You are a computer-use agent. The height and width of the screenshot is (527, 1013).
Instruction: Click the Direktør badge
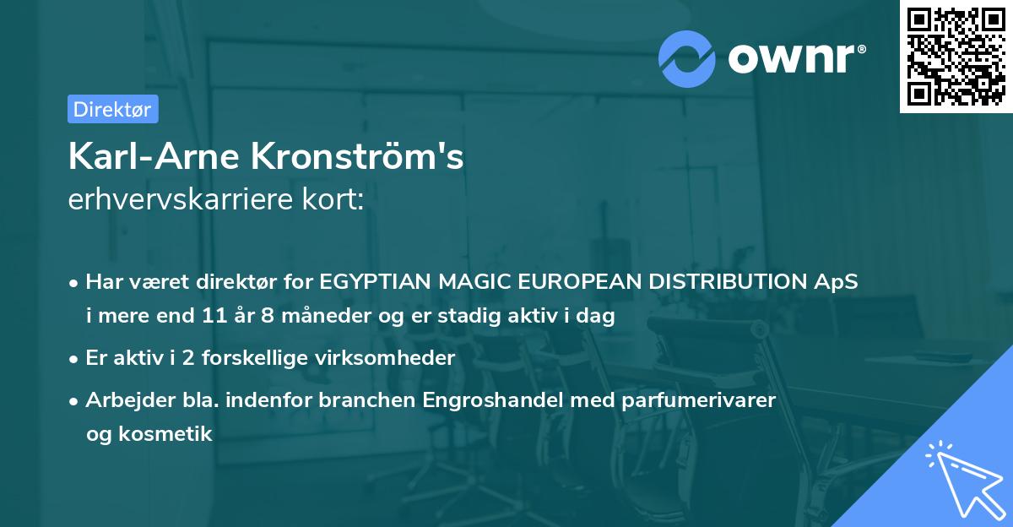pyautogui.click(x=112, y=109)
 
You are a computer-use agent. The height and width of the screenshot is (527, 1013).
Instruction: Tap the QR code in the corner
pyautogui.click(x=955, y=57)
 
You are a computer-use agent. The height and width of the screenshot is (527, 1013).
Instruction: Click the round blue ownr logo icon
pyautogui.click(x=687, y=58)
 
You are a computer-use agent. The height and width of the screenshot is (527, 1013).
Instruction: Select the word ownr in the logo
pyautogui.click(x=798, y=58)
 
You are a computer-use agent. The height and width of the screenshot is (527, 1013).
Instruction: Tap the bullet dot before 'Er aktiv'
pyautogui.click(x=75, y=358)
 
